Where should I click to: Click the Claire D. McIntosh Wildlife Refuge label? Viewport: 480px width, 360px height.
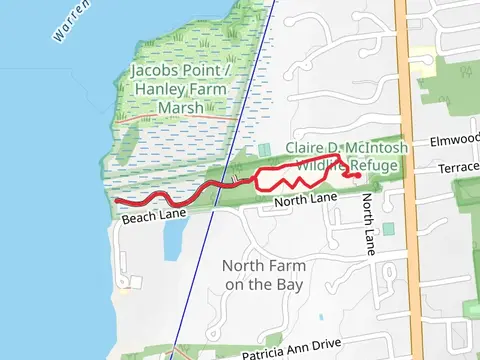tap(342, 156)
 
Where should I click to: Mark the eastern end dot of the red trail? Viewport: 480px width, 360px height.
tap(357, 176)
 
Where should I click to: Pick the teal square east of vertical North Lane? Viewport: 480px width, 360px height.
tap(388, 229)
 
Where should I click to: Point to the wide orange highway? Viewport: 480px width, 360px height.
tap(412, 180)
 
